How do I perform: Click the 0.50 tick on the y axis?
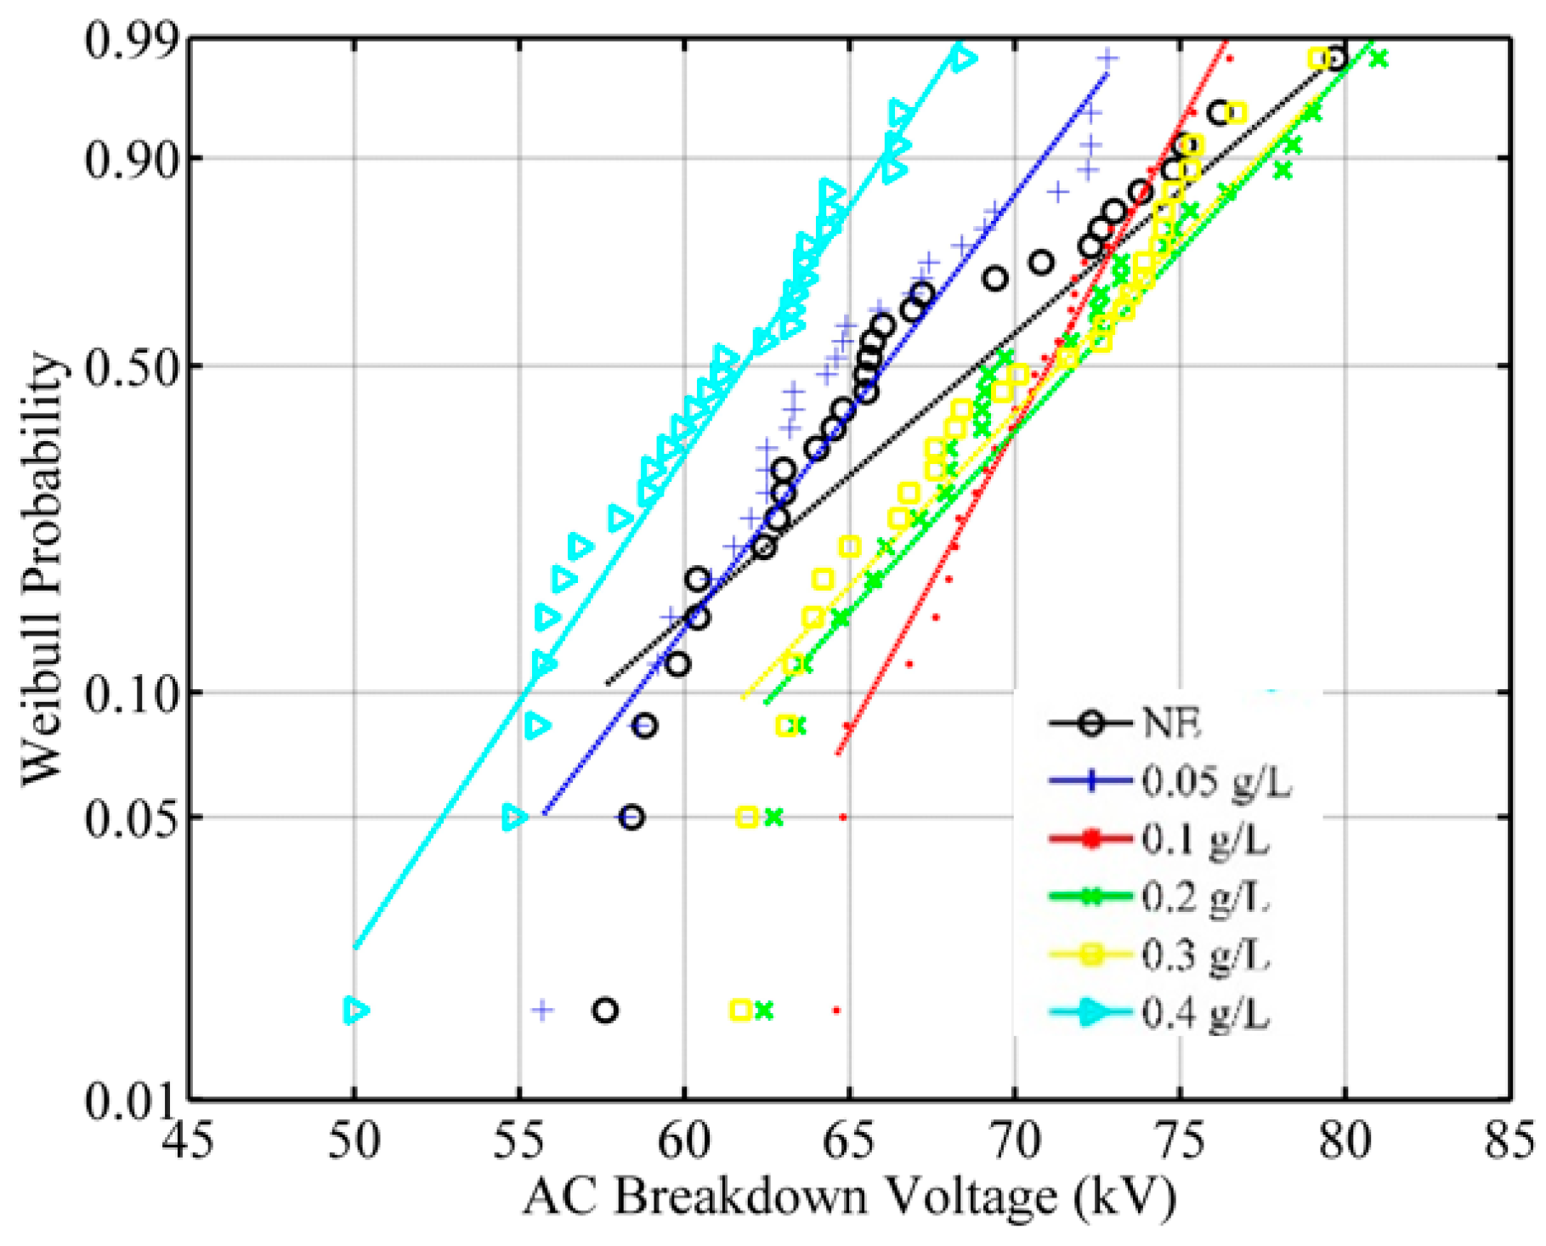click(127, 366)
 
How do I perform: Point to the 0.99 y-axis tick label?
click(127, 40)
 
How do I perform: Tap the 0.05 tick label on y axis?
click(127, 817)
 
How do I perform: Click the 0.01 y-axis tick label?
click(127, 1102)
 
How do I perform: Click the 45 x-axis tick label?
click(189, 1141)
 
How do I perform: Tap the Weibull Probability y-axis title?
click(42, 569)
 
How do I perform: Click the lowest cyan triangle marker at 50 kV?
click(356, 1010)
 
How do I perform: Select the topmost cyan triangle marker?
click(964, 59)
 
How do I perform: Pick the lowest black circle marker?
click(605, 1011)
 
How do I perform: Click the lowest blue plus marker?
click(542, 1010)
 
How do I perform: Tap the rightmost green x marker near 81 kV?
click(1379, 59)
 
